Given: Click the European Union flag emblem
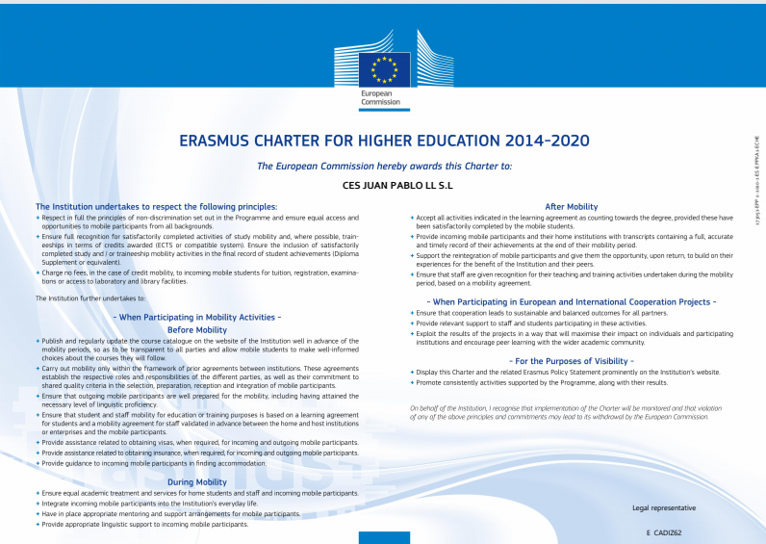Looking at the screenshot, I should pos(384,69).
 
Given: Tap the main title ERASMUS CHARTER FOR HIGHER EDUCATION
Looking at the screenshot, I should pos(343,141).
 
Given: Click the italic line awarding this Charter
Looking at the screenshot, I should pos(384,166).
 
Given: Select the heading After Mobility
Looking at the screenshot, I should pos(571,206).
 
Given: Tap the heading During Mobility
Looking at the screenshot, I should pos(197,481).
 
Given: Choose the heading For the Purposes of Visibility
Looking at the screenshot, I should pos(571,360).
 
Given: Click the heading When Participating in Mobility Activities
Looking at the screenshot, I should pos(197,317).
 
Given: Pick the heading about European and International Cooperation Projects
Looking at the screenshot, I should pos(571,301).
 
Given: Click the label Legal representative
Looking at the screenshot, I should pos(663,506).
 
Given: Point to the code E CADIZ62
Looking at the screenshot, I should pos(664,531).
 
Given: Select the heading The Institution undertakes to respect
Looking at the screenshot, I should pos(156,206).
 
